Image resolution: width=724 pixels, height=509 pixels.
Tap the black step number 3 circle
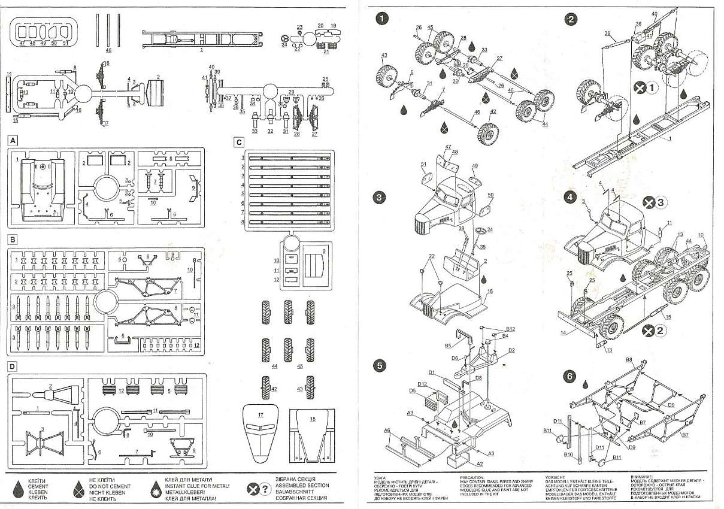380,197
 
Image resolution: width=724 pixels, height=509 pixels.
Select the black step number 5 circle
380,365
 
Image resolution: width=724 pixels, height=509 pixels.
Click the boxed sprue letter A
12,141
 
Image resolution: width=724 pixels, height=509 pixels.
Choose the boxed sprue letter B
12,240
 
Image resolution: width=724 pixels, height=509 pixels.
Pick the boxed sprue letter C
239,143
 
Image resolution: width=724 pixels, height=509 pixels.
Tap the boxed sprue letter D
12,365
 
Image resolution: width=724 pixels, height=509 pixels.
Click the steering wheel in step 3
480,230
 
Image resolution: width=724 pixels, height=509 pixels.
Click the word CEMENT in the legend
38,487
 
